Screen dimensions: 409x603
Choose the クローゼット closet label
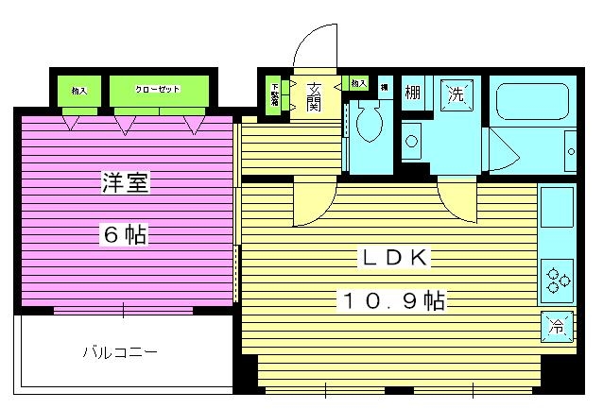coord(157,90)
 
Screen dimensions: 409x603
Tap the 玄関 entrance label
coord(314,94)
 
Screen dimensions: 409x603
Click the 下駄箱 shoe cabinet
coord(275,94)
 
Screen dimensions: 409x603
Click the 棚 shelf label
coord(413,93)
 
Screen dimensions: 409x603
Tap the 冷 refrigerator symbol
coord(557,327)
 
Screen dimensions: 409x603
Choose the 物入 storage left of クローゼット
coord(78,90)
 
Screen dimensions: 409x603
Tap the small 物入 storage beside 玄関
coord(358,84)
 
